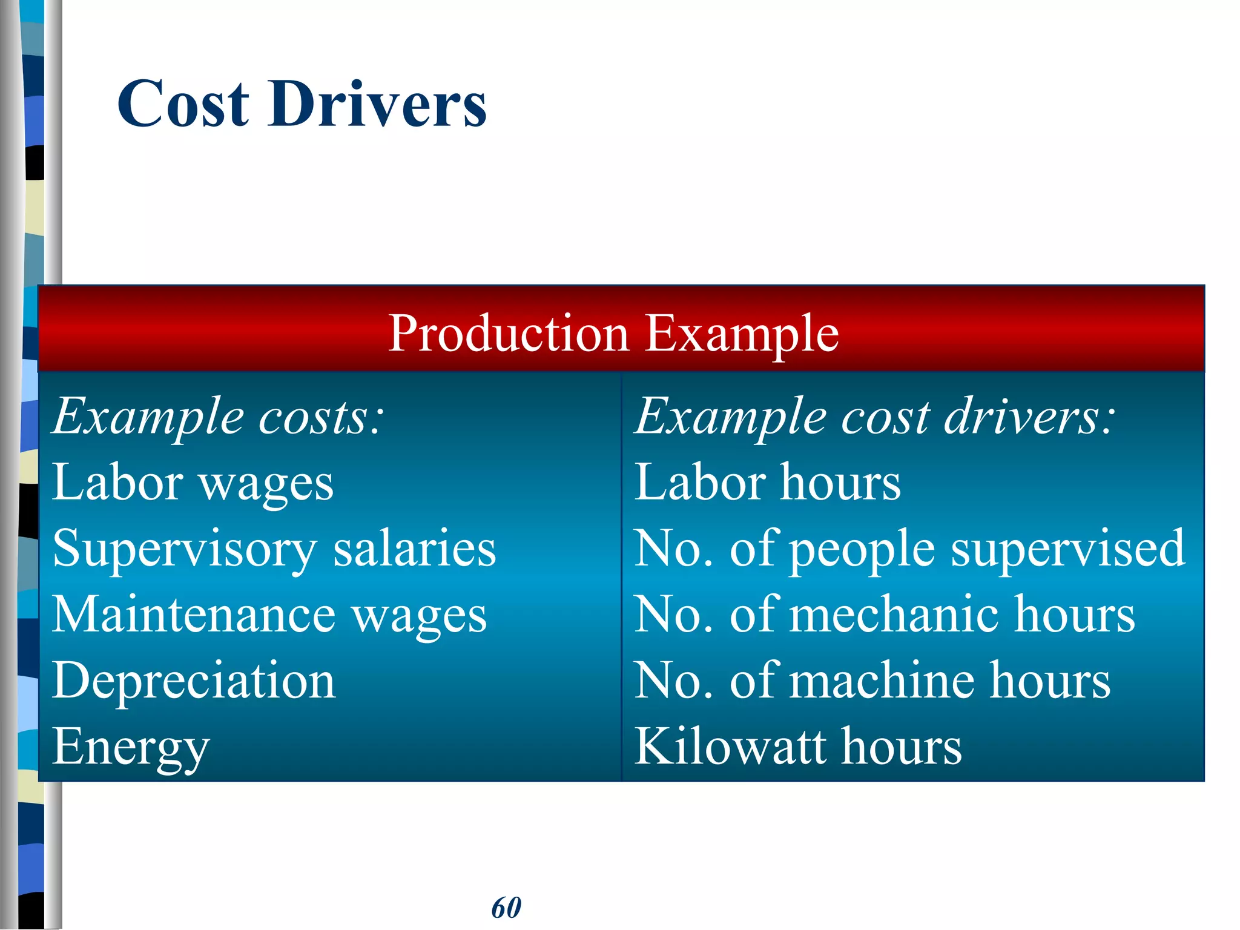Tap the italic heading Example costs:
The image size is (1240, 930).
coord(218,417)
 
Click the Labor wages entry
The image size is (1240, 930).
coord(193,483)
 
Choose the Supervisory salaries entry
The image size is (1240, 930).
coord(274,549)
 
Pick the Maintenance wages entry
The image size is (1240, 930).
coord(269,615)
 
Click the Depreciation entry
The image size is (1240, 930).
coord(194,681)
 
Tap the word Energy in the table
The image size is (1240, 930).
coord(131,747)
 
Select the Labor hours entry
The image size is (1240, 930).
coord(767,483)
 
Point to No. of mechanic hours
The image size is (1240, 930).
coord(884,615)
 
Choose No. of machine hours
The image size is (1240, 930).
coord(872,681)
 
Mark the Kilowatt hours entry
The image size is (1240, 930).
coord(797,747)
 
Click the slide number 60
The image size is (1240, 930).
coord(506,908)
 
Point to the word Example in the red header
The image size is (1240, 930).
coord(742,334)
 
